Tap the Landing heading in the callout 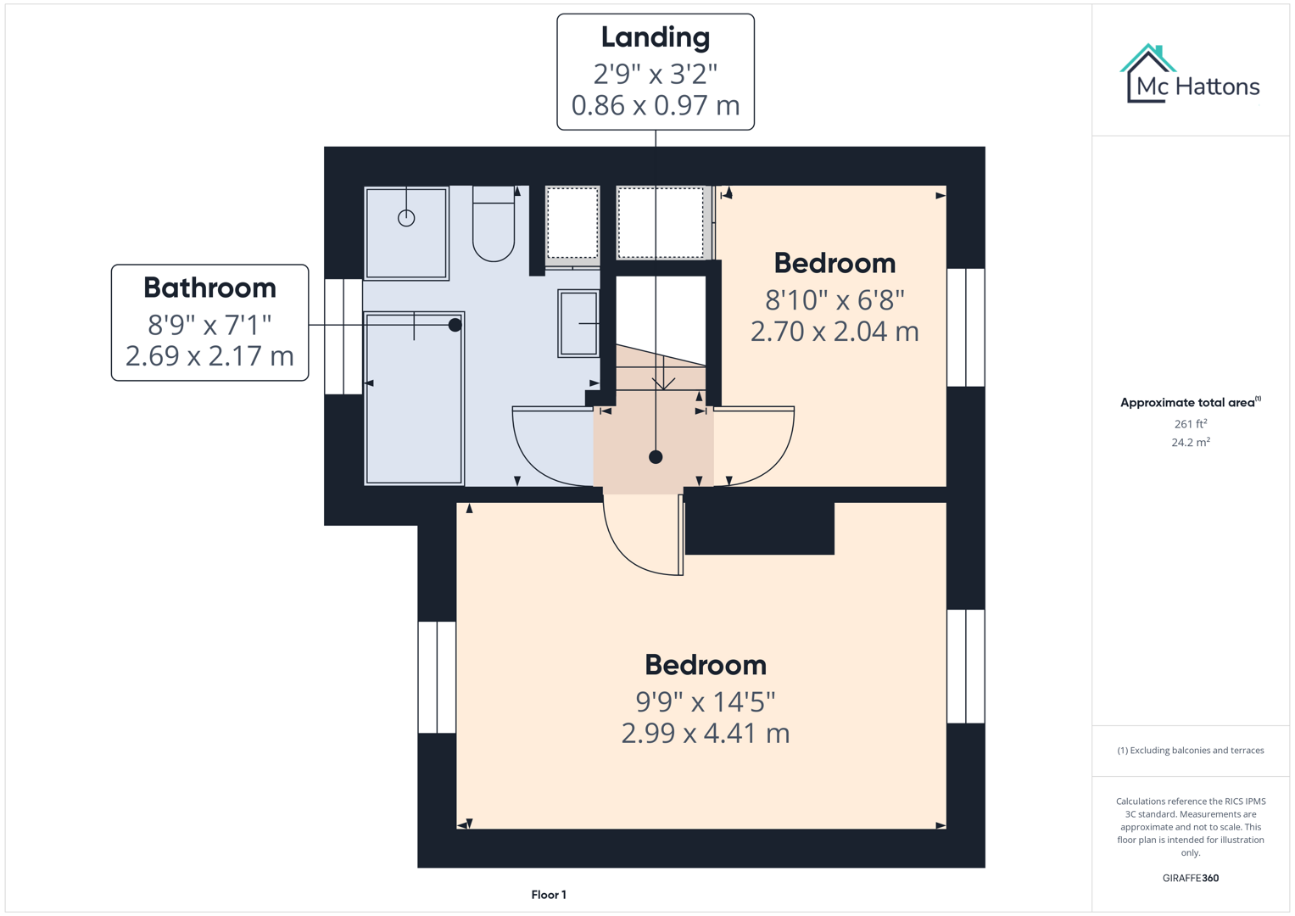(655, 37)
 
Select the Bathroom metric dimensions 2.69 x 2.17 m (209, 355)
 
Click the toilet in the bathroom (494, 226)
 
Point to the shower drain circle (406, 218)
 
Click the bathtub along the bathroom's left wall (414, 399)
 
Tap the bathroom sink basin (578, 323)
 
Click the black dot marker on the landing (656, 457)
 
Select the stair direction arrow (663, 380)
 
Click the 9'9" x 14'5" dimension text (705, 701)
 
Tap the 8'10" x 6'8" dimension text (834, 299)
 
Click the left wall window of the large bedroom (437, 677)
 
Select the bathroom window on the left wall (343, 337)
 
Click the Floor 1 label (549, 895)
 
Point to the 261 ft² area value (1190, 424)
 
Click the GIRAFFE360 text (1190, 878)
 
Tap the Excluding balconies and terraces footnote (1190, 751)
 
